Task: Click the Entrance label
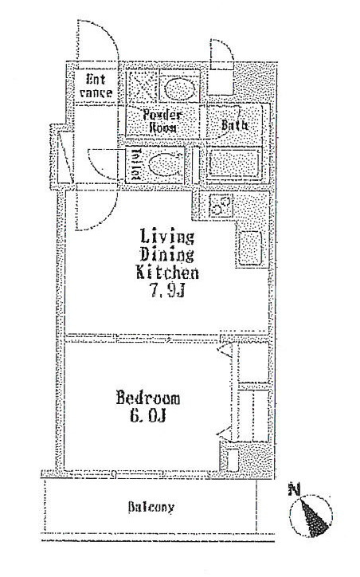pyautogui.click(x=96, y=86)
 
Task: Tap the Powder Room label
pyautogui.click(x=162, y=121)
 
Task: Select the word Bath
pyautogui.click(x=234, y=125)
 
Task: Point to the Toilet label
pyautogui.click(x=135, y=164)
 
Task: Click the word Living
pyautogui.click(x=167, y=237)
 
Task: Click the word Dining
pyautogui.click(x=167, y=255)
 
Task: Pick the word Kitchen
pyautogui.click(x=167, y=273)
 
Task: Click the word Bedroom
pyautogui.click(x=148, y=398)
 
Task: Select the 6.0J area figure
pyautogui.click(x=148, y=415)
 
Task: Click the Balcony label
pyautogui.click(x=151, y=508)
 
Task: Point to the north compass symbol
pyautogui.click(x=311, y=515)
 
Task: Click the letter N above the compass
pyautogui.click(x=294, y=490)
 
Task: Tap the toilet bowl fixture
pyautogui.click(x=164, y=164)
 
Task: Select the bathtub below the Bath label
pyautogui.click(x=234, y=164)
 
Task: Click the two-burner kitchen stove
pyautogui.click(x=221, y=206)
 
